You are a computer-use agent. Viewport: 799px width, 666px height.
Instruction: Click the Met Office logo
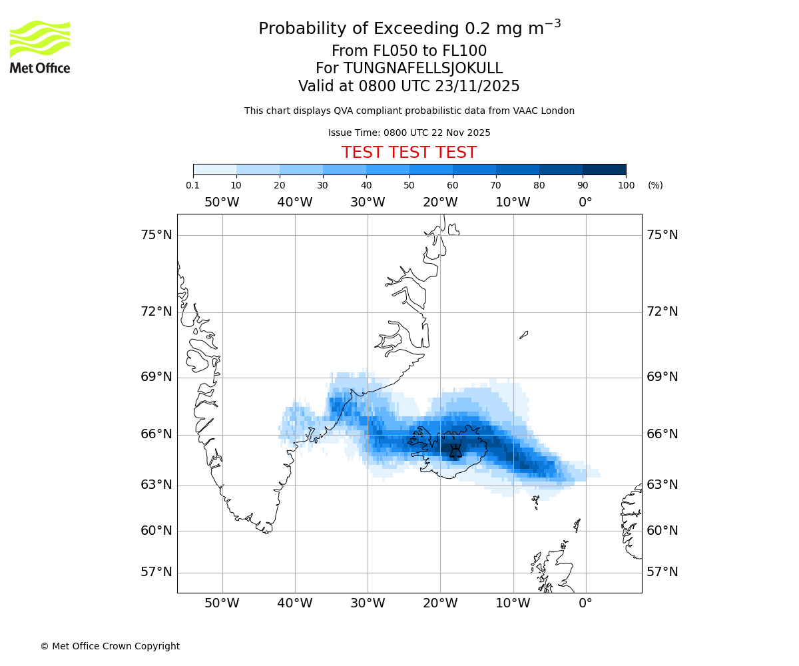pyautogui.click(x=40, y=47)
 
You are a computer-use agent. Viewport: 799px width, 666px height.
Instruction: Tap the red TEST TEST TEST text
pyautogui.click(x=409, y=153)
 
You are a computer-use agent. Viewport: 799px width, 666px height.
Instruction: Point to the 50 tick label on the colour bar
pyautogui.click(x=409, y=185)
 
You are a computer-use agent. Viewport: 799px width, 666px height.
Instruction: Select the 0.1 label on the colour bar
pyautogui.click(x=193, y=185)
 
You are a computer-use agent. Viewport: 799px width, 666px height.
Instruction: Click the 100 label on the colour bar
pyautogui.click(x=626, y=185)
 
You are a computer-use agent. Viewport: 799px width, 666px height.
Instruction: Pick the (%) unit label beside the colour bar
pyautogui.click(x=655, y=185)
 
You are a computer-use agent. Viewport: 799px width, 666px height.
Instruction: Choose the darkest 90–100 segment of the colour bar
pyautogui.click(x=604, y=170)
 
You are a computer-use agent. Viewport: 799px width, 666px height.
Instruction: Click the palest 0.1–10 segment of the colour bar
pyautogui.click(x=215, y=170)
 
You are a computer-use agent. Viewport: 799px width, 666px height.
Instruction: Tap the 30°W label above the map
pyautogui.click(x=368, y=202)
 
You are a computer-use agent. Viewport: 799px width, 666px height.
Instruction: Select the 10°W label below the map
pyautogui.click(x=513, y=603)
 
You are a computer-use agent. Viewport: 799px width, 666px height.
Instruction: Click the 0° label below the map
pyautogui.click(x=585, y=603)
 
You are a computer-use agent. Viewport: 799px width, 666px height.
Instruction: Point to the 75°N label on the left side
pyautogui.click(x=156, y=234)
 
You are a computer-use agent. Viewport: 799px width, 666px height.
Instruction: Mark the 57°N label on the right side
pyautogui.click(x=663, y=572)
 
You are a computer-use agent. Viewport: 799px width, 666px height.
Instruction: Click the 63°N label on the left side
pyautogui.click(x=156, y=485)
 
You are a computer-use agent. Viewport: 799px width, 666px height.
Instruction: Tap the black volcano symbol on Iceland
pyautogui.click(x=455, y=452)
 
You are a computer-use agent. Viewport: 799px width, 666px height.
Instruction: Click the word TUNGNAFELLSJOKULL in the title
pyautogui.click(x=423, y=69)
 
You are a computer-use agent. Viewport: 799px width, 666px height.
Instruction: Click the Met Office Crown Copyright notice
pyautogui.click(x=110, y=646)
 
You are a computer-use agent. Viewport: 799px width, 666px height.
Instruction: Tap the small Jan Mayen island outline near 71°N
pyautogui.click(x=523, y=335)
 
